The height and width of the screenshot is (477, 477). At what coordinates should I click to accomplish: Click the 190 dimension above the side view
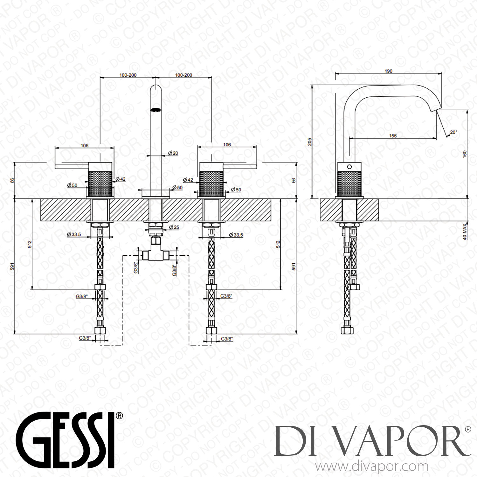388,71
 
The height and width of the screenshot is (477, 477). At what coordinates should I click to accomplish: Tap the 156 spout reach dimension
393,136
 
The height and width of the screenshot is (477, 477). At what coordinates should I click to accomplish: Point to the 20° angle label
453,132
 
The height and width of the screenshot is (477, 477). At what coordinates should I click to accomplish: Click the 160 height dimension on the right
465,154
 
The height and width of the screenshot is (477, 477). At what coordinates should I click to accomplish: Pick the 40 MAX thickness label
465,232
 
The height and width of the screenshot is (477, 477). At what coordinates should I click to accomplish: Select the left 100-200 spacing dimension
128,75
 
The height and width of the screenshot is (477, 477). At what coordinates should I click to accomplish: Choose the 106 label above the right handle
227,145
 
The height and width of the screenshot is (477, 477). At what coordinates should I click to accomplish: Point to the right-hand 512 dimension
278,245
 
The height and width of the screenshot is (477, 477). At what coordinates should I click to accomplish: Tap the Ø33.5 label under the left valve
74,235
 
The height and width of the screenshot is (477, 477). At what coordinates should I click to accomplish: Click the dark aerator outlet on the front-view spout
156,110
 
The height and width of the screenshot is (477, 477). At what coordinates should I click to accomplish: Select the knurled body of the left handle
100,183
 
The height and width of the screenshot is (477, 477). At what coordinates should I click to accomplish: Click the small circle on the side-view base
349,167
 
